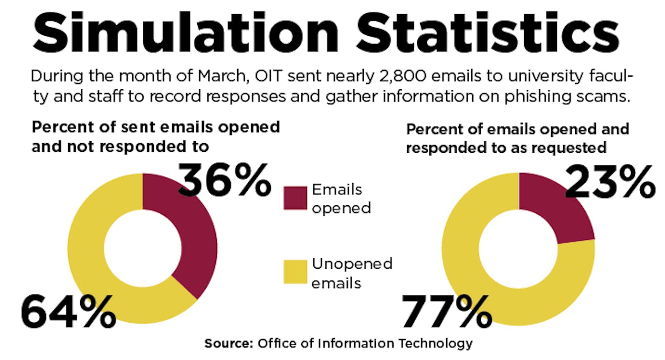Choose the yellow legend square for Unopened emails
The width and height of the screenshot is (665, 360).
(x=295, y=272)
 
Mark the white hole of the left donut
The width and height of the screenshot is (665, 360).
(x=143, y=247)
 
